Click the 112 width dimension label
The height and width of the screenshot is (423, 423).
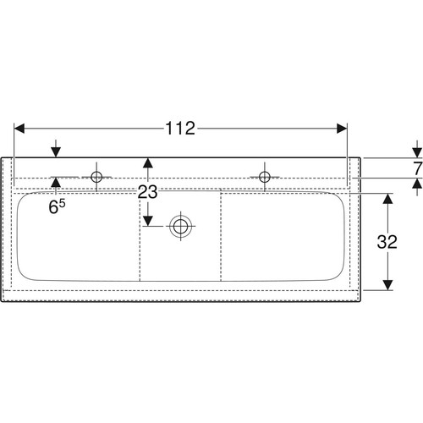point(180,129)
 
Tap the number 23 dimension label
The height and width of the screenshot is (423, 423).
point(147,192)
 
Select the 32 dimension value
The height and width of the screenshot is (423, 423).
point(387,242)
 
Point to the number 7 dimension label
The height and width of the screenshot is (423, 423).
point(418,168)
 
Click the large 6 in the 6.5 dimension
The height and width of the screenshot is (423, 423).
point(53,207)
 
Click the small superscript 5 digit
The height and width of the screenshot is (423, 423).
point(63,203)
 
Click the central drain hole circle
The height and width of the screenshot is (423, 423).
point(180,226)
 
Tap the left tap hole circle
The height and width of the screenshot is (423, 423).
point(96,177)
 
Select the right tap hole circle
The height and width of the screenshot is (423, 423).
point(265,177)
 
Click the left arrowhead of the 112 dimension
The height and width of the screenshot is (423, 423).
point(19,129)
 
